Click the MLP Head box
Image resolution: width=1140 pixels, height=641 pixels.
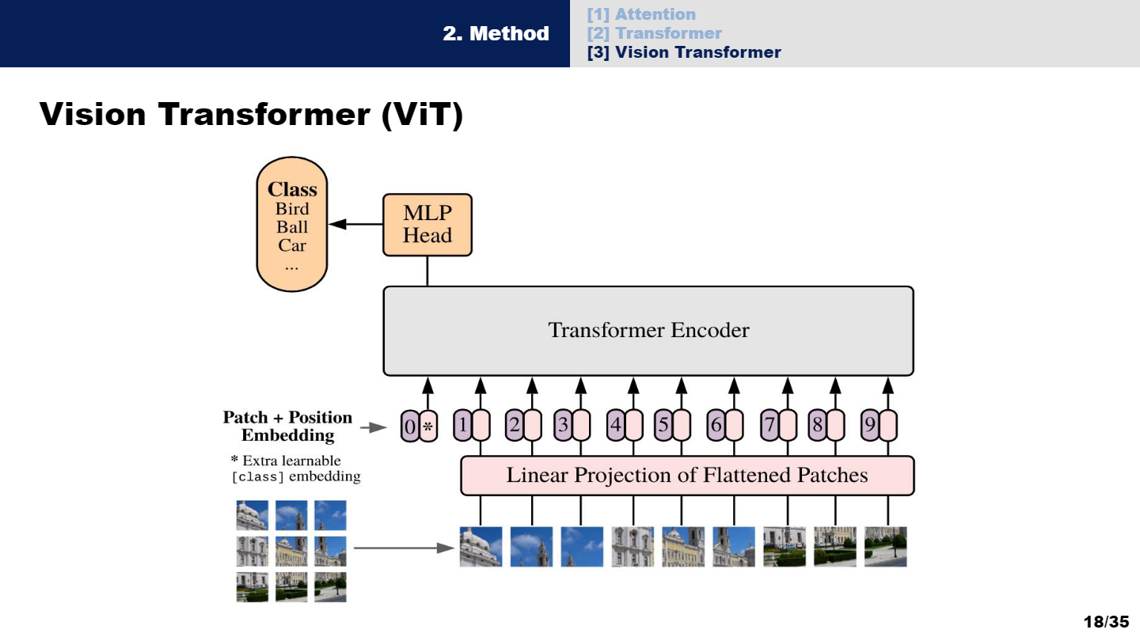[427, 225]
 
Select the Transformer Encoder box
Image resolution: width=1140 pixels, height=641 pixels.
[648, 331]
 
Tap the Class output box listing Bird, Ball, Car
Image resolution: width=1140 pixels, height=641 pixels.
[292, 224]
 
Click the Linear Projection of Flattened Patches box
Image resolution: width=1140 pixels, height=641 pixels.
[686, 476]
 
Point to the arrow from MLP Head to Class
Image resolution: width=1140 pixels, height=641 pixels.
[355, 225]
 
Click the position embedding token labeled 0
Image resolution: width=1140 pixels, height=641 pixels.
[409, 427]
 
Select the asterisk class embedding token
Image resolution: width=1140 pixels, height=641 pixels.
[428, 427]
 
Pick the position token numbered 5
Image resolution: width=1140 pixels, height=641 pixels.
[663, 427]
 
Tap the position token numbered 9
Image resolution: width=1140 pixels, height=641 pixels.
[870, 427]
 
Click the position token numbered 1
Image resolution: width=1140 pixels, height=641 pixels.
[462, 427]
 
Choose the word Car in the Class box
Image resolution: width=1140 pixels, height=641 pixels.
[292, 245]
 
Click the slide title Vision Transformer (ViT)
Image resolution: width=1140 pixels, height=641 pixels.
[251, 115]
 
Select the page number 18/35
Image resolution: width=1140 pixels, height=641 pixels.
[1106, 621]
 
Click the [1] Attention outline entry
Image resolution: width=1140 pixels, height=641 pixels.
[641, 14]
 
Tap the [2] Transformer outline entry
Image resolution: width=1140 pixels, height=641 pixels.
[654, 33]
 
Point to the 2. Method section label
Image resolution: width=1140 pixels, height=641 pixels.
[496, 33]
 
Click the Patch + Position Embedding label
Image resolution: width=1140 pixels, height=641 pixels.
[287, 427]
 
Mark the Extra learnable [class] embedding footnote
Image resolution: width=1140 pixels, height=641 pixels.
[295, 468]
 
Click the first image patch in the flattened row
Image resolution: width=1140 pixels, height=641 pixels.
[481, 547]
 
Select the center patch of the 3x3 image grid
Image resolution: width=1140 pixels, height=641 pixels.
[291, 551]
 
